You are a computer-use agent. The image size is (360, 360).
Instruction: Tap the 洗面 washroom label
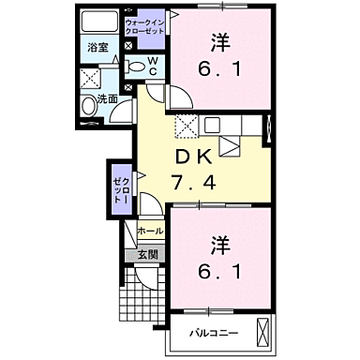click(x=107, y=97)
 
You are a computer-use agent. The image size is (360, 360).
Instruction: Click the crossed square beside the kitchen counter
click(x=187, y=127)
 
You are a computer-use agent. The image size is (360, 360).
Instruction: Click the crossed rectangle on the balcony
click(x=271, y=332)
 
